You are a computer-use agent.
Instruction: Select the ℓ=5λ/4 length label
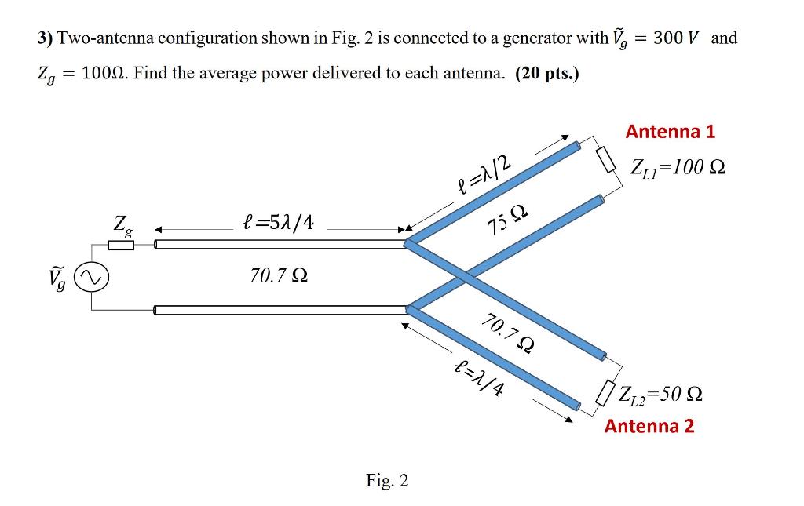[x=279, y=222]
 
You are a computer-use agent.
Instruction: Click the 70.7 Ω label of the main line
[x=279, y=276]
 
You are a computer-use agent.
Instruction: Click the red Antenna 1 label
[x=670, y=132]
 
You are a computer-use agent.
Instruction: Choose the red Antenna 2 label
[x=649, y=426]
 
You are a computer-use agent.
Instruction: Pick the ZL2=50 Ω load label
[x=660, y=393]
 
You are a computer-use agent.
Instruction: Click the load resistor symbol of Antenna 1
[x=605, y=161]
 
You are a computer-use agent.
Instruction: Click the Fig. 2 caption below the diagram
[x=387, y=480]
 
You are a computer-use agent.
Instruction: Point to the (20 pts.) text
[x=546, y=74]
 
